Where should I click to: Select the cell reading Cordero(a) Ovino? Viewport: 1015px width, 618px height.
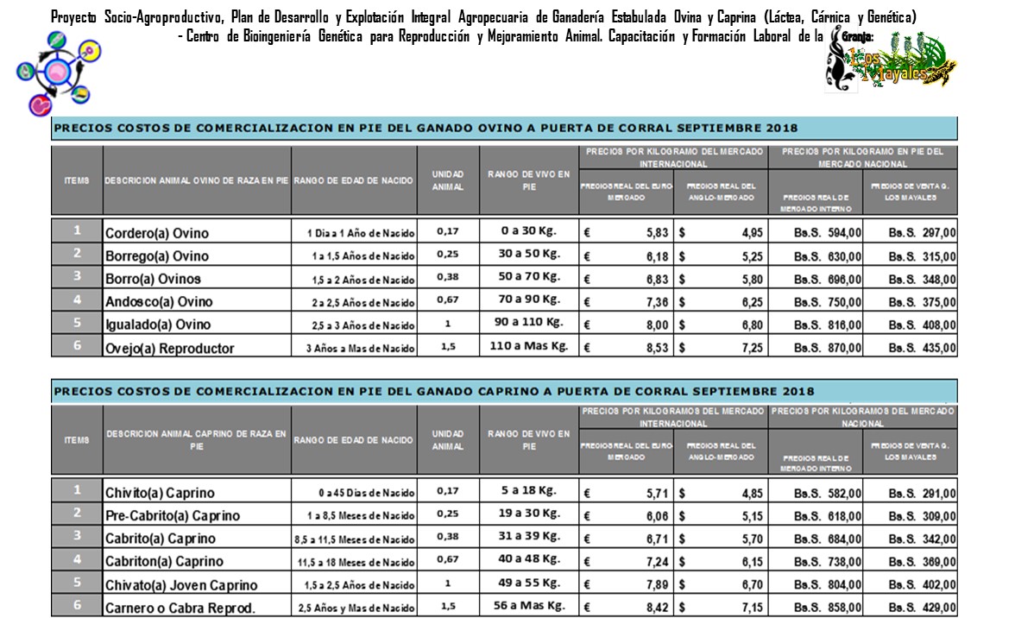(x=157, y=233)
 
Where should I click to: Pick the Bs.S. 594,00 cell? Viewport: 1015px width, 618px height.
(x=816, y=233)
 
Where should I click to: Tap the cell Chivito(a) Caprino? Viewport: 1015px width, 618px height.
(x=160, y=493)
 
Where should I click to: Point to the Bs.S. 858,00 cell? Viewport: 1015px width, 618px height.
(x=816, y=606)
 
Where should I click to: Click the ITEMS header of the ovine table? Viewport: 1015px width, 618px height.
(x=77, y=180)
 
